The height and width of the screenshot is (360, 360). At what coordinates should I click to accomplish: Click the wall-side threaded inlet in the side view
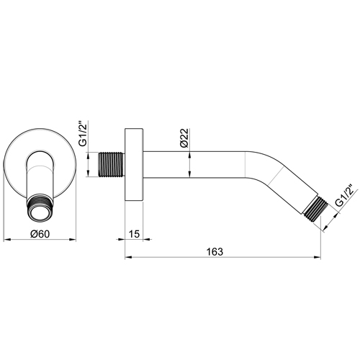pos(111,162)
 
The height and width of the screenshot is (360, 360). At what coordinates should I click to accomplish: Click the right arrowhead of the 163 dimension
pos(319,257)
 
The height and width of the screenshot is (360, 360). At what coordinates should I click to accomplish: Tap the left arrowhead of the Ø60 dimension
pos(7,238)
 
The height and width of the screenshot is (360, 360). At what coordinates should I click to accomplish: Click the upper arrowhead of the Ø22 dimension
pos(189,149)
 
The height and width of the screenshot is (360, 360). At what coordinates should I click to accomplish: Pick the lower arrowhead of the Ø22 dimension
pos(189,176)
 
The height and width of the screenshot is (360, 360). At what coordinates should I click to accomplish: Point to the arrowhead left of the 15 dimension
pos(122,238)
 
